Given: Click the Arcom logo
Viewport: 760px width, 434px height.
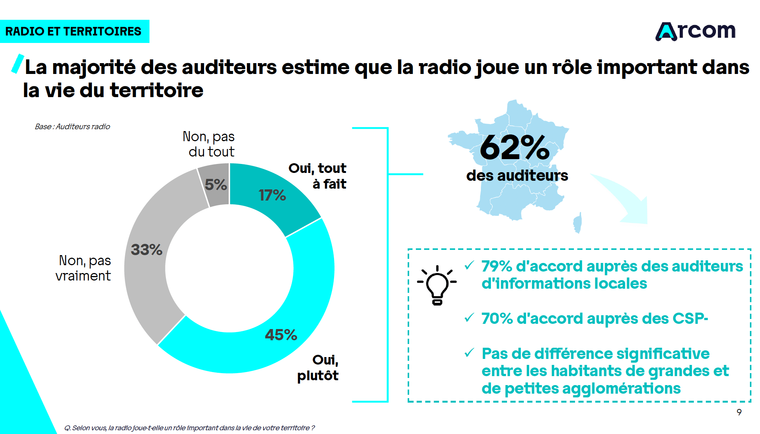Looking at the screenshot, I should pos(696,31).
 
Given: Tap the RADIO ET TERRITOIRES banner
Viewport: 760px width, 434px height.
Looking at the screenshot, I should pos(74,31).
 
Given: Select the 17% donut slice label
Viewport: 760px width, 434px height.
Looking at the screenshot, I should pos(272,195).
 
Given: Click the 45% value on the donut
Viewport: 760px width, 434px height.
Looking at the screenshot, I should pos(281,335).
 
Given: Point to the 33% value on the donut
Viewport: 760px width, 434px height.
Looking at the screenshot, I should pos(146,249).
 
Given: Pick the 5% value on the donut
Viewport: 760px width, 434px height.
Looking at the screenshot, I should pos(216,185).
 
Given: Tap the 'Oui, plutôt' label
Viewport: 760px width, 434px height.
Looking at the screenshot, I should pos(318,368).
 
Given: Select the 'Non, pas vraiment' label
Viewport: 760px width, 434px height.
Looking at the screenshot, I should pos(84,268).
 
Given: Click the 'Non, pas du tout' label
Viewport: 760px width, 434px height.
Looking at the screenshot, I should pos(209,144).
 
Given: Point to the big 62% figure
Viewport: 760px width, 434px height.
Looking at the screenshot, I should pos(515,148).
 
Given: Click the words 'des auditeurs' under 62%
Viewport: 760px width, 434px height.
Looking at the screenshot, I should pos(517,176).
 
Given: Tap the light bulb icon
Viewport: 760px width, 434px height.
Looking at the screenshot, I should pos(437,285).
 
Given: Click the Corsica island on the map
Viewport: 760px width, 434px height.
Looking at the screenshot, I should pos(578,223).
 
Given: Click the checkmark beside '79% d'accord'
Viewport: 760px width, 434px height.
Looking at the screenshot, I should pos(469,265).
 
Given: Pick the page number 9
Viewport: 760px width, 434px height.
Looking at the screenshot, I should pos(739,412).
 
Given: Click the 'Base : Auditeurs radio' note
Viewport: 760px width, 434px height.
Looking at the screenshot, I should pos(72,127).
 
